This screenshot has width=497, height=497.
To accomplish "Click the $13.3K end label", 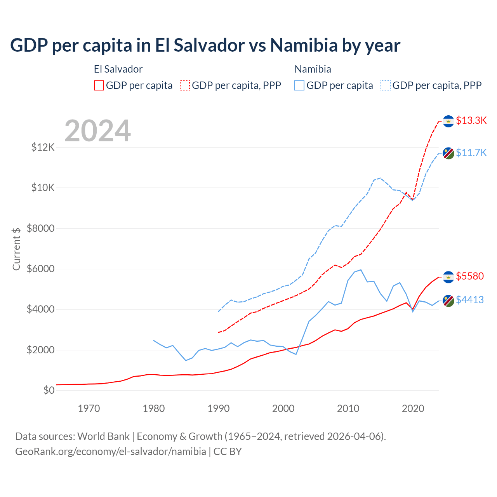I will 471,120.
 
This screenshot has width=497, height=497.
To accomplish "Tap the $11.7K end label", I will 471,153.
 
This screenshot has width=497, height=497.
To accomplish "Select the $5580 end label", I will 470,276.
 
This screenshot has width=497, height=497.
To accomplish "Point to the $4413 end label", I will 470,300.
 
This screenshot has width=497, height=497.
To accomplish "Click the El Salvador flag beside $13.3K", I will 448,121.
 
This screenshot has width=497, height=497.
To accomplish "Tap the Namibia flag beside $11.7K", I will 448,153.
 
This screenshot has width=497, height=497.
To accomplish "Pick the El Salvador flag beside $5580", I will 448,277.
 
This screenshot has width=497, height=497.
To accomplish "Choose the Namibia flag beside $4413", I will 448,301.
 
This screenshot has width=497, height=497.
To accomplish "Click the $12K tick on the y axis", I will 43,147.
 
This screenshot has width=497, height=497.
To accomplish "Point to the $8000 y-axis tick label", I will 41,228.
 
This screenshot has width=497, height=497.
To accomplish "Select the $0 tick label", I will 49,390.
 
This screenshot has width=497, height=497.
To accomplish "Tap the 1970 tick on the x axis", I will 89,408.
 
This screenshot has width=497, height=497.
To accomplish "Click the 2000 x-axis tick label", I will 283,408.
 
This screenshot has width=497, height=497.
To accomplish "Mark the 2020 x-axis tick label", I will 413,408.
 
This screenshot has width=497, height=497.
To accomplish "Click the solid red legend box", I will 99,85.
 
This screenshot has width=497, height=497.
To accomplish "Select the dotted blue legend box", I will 386,85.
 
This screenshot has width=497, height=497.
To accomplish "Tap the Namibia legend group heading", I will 313,69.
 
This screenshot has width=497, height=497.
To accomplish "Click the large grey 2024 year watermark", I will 98,131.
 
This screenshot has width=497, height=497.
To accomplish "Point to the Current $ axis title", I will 16,249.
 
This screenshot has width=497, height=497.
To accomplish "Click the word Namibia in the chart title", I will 304,45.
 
